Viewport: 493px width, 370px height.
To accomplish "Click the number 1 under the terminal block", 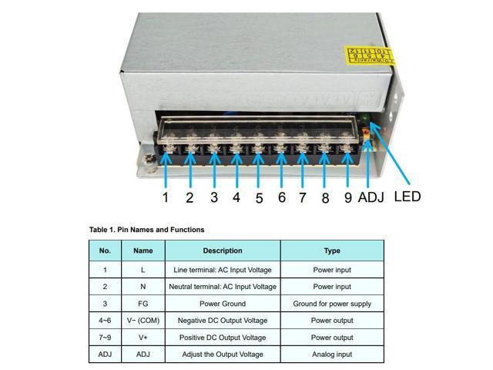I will [x=165, y=197].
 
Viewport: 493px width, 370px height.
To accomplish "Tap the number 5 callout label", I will [x=259, y=198].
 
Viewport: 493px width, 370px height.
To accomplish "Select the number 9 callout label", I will [x=348, y=198].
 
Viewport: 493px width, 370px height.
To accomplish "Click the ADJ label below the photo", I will [x=371, y=198].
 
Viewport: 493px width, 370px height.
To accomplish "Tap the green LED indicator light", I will [x=363, y=118].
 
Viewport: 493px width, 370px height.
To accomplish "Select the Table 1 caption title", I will [x=146, y=230].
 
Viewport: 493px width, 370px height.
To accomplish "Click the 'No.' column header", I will [x=105, y=251].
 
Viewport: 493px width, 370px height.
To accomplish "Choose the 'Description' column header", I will [x=223, y=251].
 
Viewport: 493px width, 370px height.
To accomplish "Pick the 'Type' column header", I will [x=332, y=251].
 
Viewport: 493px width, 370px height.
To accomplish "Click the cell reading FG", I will [x=143, y=304].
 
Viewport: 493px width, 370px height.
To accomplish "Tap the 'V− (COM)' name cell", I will [x=143, y=321].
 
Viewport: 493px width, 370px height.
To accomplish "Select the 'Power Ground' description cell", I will [x=223, y=304].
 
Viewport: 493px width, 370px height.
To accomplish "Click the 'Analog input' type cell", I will [x=332, y=355].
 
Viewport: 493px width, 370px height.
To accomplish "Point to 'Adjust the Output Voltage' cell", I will [x=223, y=355].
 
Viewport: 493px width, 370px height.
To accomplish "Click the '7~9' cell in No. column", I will [x=105, y=338].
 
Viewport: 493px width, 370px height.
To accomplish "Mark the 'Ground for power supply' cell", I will [x=332, y=304].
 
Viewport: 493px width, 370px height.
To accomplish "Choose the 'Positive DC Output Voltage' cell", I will [x=223, y=338].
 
